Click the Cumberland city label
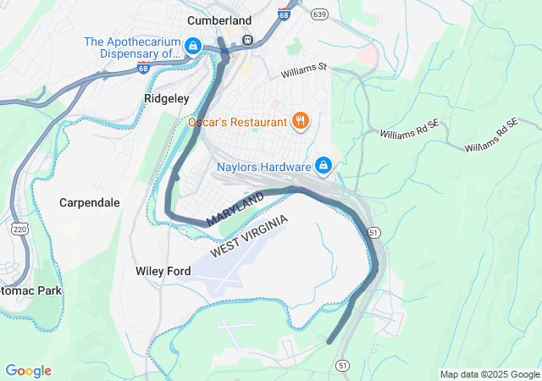(x=219, y=20)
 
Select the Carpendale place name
(x=90, y=203)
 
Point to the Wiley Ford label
(x=163, y=271)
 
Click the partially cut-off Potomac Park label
(x=30, y=290)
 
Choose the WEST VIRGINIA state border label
(x=250, y=237)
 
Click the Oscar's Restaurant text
(x=237, y=122)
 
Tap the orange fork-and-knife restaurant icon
(x=300, y=121)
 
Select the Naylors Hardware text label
(x=263, y=165)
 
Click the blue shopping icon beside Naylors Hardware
(x=323, y=164)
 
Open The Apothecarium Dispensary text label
(x=132, y=47)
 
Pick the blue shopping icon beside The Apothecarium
(x=193, y=44)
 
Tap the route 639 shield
(x=319, y=14)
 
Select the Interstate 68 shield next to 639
(x=284, y=14)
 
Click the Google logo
(x=28, y=371)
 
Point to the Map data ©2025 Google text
(x=489, y=374)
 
